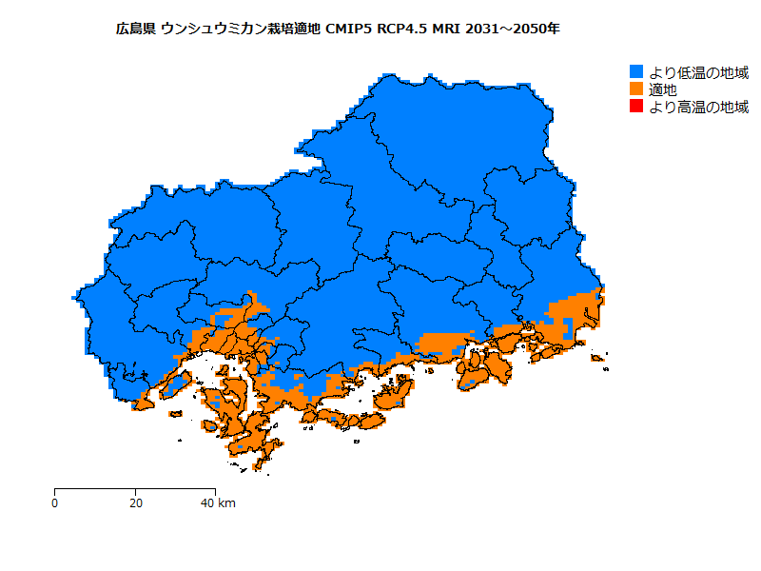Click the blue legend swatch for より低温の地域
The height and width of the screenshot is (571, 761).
pos(637,71)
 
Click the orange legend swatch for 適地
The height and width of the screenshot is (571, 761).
pos(637,89)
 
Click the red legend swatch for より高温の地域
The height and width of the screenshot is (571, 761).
pos(637,107)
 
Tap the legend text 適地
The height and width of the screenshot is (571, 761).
pos(663,89)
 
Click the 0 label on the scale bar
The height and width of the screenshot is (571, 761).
pos(55,502)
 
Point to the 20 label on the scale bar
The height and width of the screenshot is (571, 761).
pos(136,502)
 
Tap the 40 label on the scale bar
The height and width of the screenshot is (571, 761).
pos(208,502)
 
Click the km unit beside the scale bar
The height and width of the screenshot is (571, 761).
pos(227,502)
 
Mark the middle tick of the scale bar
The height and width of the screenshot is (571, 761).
pos(136,491)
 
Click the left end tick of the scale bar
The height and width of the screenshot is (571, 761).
pos(55,491)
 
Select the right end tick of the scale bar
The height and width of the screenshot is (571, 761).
pos(216,491)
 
